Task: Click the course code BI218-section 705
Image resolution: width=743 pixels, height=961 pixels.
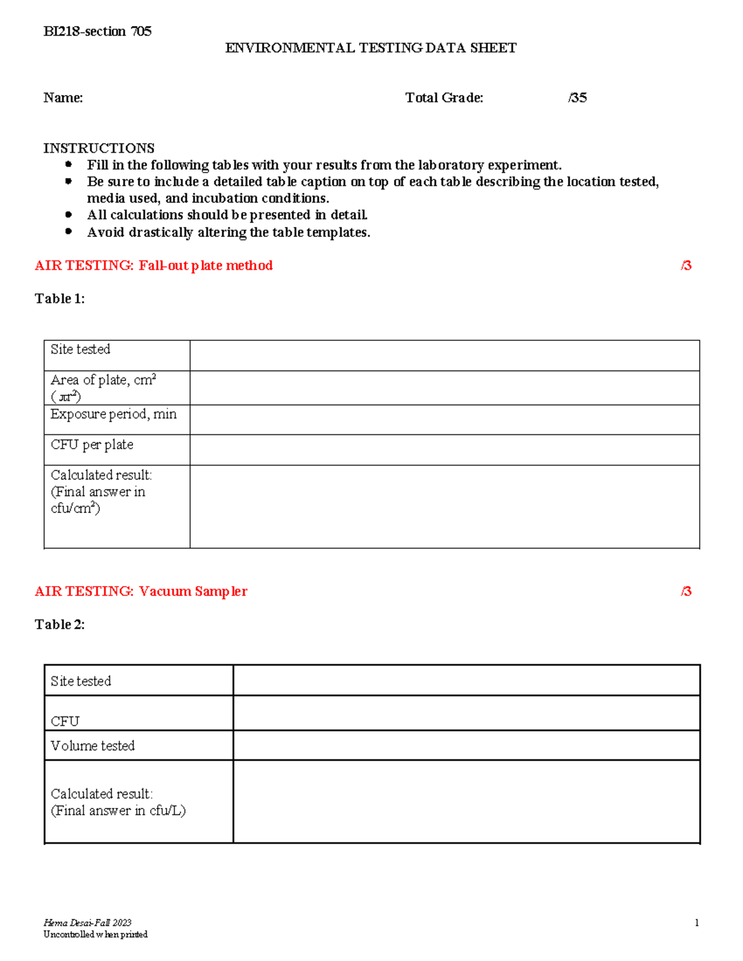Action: [97, 32]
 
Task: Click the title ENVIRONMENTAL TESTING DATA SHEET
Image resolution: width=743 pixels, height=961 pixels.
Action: [370, 48]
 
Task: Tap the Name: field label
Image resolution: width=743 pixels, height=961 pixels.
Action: [63, 98]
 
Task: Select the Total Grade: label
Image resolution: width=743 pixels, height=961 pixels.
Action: [444, 98]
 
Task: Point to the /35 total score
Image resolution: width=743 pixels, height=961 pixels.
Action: [577, 98]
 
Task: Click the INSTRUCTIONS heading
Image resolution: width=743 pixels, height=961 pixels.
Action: [98, 149]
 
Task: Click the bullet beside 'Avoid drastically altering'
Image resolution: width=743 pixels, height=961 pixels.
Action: [69, 231]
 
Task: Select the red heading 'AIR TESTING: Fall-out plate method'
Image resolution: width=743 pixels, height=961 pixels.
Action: [154, 265]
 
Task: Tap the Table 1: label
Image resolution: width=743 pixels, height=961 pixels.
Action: [59, 299]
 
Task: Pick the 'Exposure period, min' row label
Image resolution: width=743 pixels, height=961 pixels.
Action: [113, 414]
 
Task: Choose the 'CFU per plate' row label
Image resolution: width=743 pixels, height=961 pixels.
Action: [92, 445]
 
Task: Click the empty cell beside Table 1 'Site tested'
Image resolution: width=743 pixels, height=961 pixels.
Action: [444, 355]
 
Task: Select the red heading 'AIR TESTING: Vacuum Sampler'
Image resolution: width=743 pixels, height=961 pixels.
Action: [141, 592]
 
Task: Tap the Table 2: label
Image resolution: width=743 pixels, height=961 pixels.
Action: [59, 625]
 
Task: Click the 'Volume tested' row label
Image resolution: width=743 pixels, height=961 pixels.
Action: [92, 746]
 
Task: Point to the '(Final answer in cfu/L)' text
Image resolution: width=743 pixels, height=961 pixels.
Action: [118, 811]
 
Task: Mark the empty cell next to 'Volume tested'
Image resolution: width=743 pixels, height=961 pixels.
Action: [466, 745]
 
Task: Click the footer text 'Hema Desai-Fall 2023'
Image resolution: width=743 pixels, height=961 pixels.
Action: [87, 923]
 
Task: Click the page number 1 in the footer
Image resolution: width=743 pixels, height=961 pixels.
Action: [697, 923]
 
